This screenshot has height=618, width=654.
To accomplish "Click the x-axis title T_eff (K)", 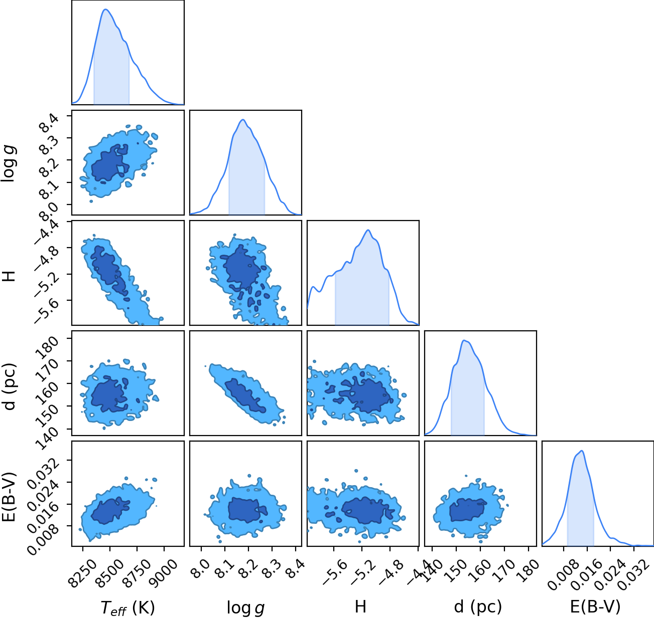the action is click(x=128, y=607).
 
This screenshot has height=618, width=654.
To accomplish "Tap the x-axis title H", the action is click(x=360, y=606).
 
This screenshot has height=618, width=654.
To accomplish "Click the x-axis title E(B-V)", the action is click(x=595, y=607).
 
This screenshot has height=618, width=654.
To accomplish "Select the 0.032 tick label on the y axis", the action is click(x=42, y=469).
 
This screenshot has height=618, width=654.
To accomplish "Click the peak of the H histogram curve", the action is click(x=368, y=230).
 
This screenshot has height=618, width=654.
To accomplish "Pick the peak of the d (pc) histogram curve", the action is click(x=464, y=340).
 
